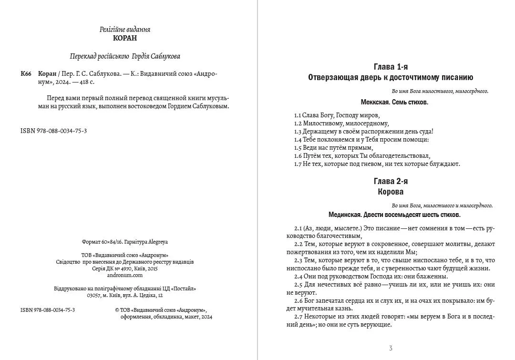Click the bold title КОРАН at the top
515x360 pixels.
pyautogui.click(x=125, y=39)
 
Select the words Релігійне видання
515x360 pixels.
pyautogui.click(x=125, y=30)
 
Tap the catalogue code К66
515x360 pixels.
pyautogui.click(x=26, y=73)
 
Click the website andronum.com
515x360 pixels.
pyautogui.click(x=125, y=275)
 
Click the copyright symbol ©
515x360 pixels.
pyautogui.click(x=117, y=310)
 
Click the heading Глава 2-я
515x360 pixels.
pyautogui.click(x=391, y=181)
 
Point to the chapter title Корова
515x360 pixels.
pyautogui.click(x=391, y=192)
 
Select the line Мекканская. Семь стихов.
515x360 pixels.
pyautogui.click(x=394, y=102)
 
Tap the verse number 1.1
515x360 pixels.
pyautogui.click(x=298, y=115)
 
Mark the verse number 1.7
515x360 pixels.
pyautogui.click(x=298, y=164)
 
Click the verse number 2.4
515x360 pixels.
pyautogui.click(x=298, y=276)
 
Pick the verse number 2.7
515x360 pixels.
pyautogui.click(x=298, y=317)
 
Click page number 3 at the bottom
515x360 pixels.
pyautogui.click(x=391, y=348)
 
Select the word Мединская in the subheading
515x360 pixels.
pyautogui.click(x=345, y=215)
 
